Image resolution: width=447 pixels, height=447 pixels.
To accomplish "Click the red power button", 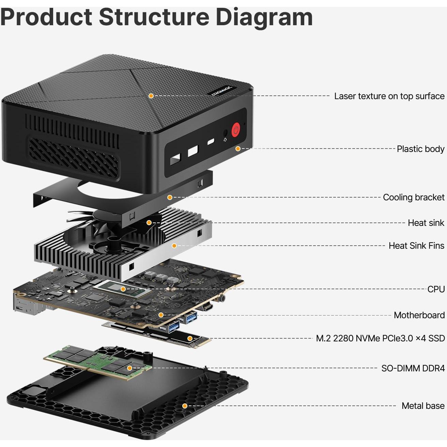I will tap(236, 130).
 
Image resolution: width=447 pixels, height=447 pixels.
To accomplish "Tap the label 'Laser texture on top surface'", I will tap(389, 96).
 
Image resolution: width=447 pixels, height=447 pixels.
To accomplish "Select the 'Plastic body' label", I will tap(420, 149).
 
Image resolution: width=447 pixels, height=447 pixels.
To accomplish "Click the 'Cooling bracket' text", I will tap(413, 197).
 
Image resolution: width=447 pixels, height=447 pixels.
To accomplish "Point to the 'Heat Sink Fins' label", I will tap(416, 246).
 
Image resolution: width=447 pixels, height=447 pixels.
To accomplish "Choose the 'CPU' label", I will tap(436, 289).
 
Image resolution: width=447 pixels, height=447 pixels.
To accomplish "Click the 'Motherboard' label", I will tap(419, 315).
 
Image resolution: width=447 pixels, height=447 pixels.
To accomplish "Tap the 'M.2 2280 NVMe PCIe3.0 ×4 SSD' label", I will tap(380, 338).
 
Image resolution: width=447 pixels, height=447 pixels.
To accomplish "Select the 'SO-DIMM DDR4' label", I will tap(413, 368).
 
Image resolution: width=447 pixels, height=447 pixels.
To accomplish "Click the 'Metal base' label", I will tap(423, 406).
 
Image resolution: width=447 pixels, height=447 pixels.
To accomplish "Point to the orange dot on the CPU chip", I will tap(123, 289).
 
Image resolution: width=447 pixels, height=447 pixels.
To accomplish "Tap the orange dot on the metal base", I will tap(185, 406).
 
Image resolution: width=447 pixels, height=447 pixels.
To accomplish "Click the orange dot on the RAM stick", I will tap(129, 368).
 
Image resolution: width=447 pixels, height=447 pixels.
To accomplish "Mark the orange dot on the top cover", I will tap(151, 96).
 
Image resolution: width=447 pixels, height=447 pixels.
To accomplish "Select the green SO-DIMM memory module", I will tap(99, 362).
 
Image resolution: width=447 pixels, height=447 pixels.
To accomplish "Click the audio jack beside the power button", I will tap(225, 133).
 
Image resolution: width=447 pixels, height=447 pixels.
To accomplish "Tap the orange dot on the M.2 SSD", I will tap(190, 339).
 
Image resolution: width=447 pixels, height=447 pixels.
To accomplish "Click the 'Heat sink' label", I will tap(426, 223).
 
